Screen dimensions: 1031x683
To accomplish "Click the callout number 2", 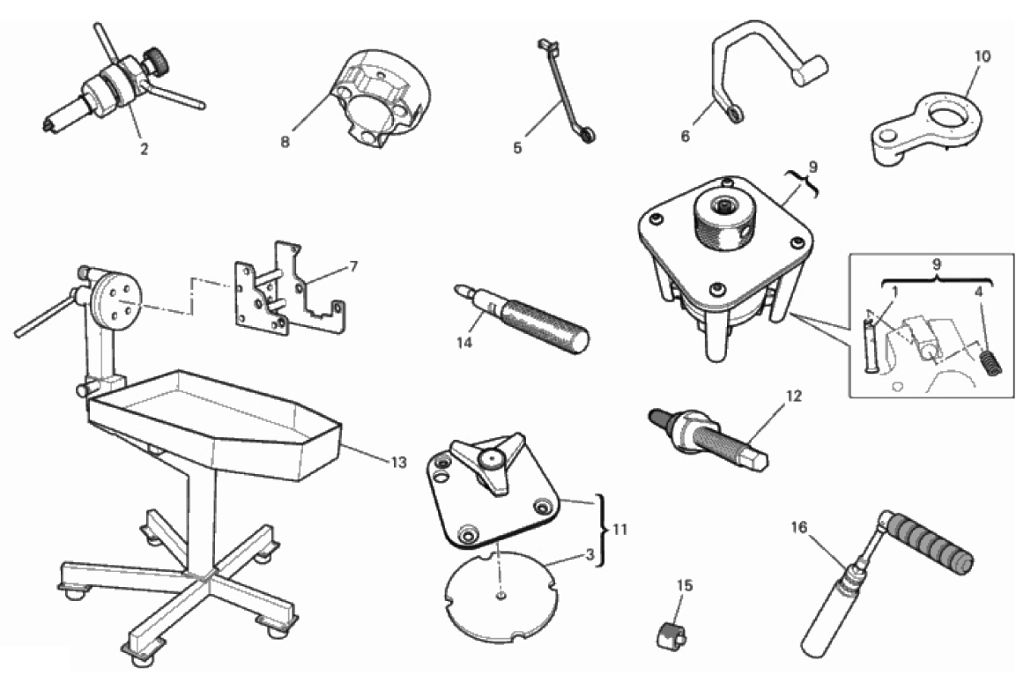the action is tap(144, 149).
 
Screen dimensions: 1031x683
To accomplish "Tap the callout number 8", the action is tap(285, 141).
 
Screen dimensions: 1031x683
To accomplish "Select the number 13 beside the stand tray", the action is tap(398, 462).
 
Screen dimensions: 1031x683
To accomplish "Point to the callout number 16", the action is tap(799, 527).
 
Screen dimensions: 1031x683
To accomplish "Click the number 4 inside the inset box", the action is tap(978, 291).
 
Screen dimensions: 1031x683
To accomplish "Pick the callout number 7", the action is tap(353, 266).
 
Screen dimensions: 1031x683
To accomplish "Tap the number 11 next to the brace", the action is tap(619, 529).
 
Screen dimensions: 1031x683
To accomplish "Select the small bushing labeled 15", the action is tap(671, 635).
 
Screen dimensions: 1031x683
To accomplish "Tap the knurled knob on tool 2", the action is tap(155, 61).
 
